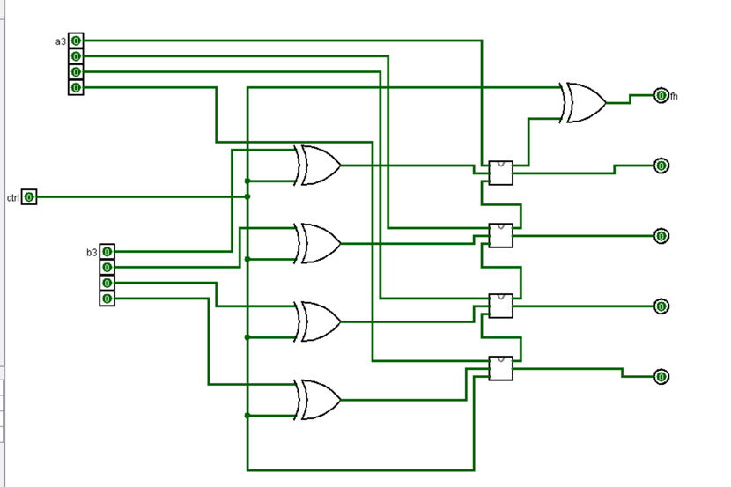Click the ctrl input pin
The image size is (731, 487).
(29, 196)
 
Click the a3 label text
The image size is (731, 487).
(60, 41)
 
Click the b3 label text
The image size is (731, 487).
(92, 252)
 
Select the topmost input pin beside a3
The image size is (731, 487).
(76, 41)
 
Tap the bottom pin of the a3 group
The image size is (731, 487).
(76, 87)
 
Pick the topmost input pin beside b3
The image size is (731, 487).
(107, 252)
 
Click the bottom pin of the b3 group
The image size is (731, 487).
(107, 299)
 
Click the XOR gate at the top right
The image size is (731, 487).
(582, 102)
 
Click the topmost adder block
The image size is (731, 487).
(500, 173)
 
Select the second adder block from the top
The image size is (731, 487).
(500, 235)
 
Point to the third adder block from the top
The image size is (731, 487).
(500, 306)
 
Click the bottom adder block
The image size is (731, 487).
(500, 368)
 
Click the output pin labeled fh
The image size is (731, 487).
(661, 95)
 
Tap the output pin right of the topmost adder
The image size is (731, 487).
(661, 165)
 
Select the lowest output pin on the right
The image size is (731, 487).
(661, 376)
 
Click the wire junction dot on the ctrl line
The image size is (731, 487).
(247, 196)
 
